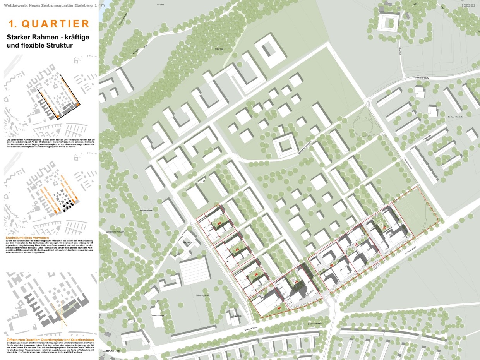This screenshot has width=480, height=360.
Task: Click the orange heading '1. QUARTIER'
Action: tap(49, 24)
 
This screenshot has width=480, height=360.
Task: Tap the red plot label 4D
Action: tap(219, 224)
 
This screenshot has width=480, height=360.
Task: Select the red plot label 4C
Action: tap(237, 250)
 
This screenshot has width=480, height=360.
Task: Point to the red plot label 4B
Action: tap(256, 274)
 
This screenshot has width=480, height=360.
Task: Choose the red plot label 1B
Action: tap(332, 265)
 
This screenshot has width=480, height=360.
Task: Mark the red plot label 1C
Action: tap(356, 245)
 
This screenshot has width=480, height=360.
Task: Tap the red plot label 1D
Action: tap(384, 228)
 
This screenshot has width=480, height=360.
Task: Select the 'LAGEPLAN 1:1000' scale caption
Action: tap(112, 350)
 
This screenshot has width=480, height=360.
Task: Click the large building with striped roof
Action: tap(196, 269)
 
